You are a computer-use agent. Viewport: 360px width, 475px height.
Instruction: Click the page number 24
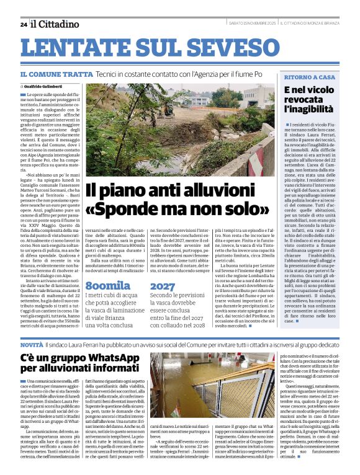[x=23, y=24]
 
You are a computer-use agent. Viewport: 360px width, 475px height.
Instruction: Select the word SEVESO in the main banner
[x=245, y=49]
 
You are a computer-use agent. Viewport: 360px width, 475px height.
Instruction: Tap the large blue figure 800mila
[x=108, y=286]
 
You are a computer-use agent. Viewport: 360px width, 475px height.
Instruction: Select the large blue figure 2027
[x=163, y=286]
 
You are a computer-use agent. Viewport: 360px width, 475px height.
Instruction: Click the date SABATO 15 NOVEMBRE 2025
[x=252, y=24]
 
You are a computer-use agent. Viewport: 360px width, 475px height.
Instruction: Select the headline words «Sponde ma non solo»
[x=177, y=210]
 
